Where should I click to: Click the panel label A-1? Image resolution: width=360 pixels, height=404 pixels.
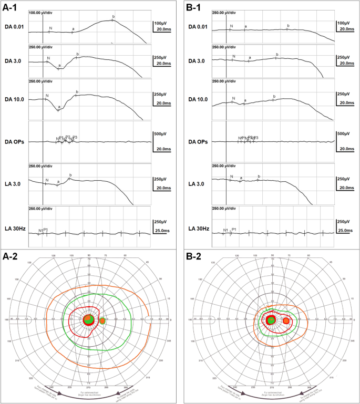click(12, 7)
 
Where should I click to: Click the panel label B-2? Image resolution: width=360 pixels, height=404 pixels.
click(196, 257)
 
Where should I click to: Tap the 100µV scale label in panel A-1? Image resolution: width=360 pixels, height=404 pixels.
click(160, 24)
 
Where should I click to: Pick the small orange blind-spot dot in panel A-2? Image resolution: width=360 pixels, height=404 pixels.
click(103, 320)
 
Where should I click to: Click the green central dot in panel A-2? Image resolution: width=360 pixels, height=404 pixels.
click(89, 319)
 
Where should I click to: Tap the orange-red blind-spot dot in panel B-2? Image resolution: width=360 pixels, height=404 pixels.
click(286, 320)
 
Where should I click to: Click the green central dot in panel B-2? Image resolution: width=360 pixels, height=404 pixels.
click(271, 320)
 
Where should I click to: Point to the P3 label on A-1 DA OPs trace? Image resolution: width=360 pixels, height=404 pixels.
click(75, 137)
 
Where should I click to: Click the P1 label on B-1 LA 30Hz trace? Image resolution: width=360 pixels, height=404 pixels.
click(234, 230)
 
